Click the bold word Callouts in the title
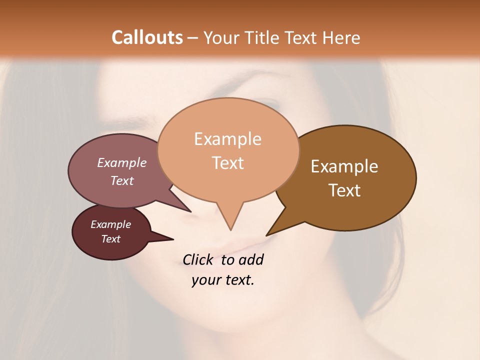[147, 37]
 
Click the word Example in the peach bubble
[227, 139]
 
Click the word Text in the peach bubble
[228, 163]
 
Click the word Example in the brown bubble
[344, 166]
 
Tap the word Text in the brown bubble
[345, 190]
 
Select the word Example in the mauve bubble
[122, 163]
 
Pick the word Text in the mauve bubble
[122, 180]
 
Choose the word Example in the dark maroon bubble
[111, 224]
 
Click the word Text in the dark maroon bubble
[111, 239]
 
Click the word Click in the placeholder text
[199, 260]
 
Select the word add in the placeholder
[251, 260]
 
